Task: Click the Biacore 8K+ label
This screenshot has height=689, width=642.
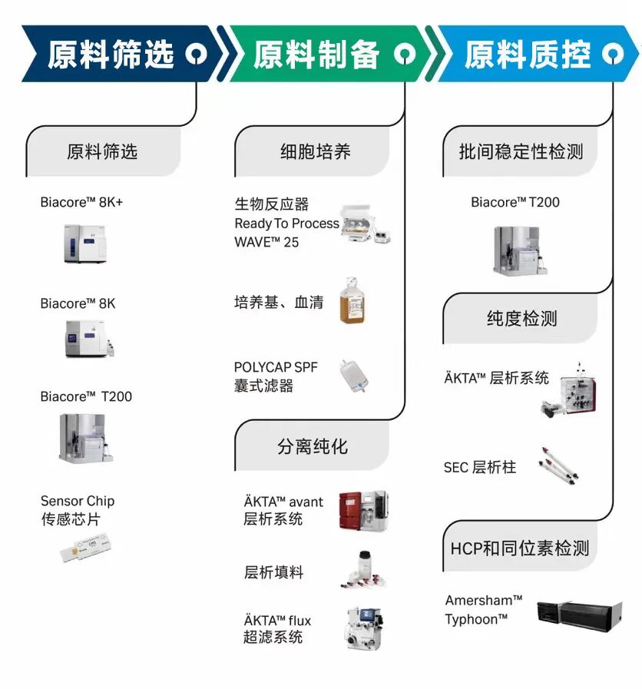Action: coord(81,202)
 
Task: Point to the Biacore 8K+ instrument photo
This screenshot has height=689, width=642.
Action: coord(84,243)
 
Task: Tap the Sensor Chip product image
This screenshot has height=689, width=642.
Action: coord(86,547)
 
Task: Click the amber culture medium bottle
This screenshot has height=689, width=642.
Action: coord(352,301)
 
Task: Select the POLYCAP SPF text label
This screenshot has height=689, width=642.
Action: coord(276,367)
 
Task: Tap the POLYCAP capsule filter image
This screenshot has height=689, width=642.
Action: coord(354,376)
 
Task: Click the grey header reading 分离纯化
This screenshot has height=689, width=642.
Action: coord(313,447)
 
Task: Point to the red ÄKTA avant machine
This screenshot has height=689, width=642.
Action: coord(363,511)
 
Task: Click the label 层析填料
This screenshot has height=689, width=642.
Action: coord(273,572)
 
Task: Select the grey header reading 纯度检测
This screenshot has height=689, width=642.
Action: coord(521,319)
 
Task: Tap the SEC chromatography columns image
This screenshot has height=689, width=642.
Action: coord(558,465)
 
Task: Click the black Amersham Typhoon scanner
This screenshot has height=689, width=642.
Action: coord(580,615)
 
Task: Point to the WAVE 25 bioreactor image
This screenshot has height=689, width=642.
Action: coord(366,224)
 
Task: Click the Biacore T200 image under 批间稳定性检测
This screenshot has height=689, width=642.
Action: coord(520,250)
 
